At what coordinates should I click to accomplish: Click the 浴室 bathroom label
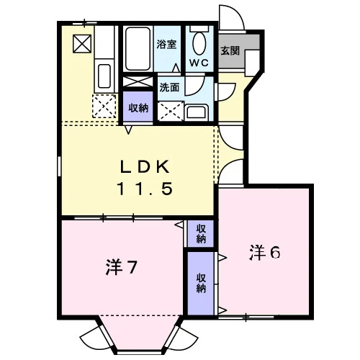coord(166,44)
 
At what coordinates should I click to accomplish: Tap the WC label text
coord(199,63)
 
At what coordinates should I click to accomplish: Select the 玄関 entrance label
coord(230,50)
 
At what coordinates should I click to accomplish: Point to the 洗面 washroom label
coord(169,88)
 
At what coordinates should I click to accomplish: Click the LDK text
coord(145,167)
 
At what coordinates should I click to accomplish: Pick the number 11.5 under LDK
coord(145,189)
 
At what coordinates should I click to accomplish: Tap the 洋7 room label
coord(122,267)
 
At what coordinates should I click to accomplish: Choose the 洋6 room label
coord(265,253)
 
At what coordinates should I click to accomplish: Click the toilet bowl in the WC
coord(199,43)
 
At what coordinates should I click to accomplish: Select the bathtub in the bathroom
coord(138,49)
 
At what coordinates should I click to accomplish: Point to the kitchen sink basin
coord(104,76)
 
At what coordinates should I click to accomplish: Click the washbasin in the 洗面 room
coord(197,112)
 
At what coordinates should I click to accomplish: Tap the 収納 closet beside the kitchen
coord(138,107)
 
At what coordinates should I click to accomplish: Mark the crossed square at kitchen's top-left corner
coord(82,44)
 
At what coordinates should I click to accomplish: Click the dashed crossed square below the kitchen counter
coord(104,106)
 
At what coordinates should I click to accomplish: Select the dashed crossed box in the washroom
coord(171,112)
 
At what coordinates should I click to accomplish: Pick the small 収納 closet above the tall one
coord(201,234)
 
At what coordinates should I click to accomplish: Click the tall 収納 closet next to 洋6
coord(201,284)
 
